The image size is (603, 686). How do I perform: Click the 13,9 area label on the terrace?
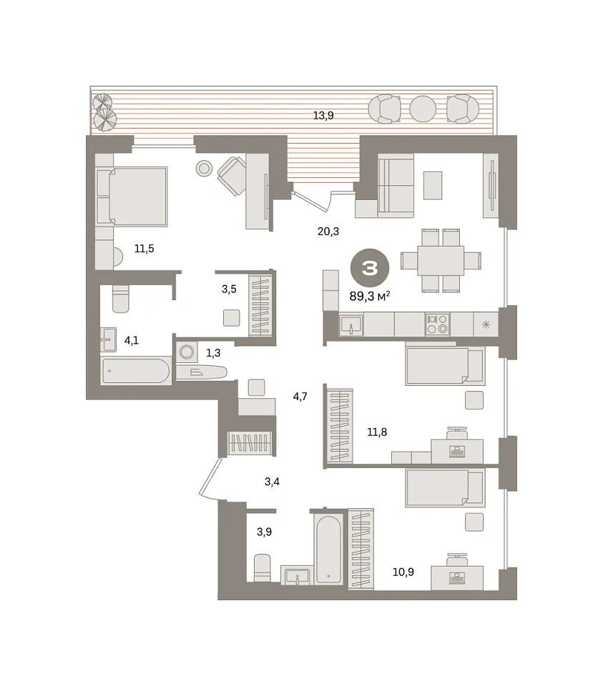click(323, 116)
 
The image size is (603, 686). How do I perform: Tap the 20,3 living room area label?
click(328, 232)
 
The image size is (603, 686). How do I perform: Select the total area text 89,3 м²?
click(370, 296)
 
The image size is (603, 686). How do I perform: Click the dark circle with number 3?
click(370, 268)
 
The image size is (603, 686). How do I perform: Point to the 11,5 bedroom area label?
click(144, 249)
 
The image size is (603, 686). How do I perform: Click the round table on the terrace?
click(423, 109)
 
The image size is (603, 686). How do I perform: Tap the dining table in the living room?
click(440, 261)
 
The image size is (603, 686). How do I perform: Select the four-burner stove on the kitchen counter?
click(437, 324)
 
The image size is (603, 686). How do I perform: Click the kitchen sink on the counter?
click(350, 325)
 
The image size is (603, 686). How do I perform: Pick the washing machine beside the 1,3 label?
click(187, 352)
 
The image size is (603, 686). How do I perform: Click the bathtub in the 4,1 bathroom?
click(136, 372)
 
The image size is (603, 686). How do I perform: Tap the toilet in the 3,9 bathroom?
click(263, 567)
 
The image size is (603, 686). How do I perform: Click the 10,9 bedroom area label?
click(403, 572)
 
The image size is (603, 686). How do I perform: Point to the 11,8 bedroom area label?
click(377, 432)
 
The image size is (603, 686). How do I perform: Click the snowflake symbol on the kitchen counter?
click(486, 324)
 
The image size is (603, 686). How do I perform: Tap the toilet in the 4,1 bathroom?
click(120, 299)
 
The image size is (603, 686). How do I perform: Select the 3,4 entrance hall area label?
click(272, 482)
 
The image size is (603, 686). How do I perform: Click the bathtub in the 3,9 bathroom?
click(328, 550)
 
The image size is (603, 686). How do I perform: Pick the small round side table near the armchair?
click(204, 168)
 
